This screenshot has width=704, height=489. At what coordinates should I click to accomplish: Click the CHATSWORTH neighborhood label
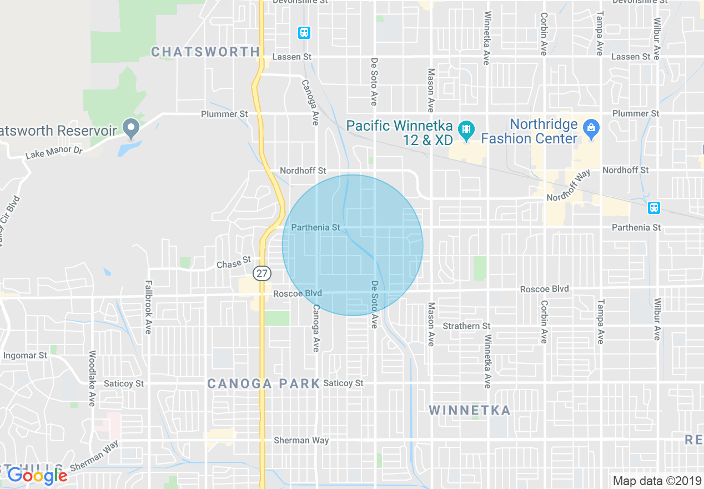[205, 52]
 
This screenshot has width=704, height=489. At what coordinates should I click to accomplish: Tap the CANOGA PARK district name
[263, 383]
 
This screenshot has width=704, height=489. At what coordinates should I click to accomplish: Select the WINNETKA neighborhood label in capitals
[470, 410]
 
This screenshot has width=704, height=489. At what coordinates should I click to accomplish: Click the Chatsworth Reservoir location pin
[131, 128]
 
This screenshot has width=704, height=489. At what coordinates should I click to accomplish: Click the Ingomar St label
[25, 355]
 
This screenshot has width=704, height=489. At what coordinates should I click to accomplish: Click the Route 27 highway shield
[262, 273]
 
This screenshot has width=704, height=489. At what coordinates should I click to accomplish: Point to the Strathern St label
[466, 326]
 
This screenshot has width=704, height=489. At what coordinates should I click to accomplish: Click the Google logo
[37, 476]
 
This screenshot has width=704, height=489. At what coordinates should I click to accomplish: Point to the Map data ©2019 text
[656, 480]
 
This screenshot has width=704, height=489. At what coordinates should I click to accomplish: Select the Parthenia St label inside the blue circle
[315, 227]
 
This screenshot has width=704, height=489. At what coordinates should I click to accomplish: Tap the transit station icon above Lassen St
[304, 33]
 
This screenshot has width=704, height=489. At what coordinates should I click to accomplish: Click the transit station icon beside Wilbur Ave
[654, 208]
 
